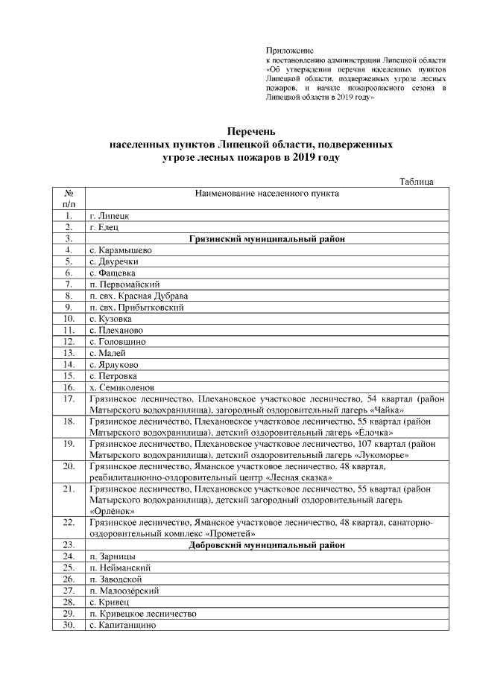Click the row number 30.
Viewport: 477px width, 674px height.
69,625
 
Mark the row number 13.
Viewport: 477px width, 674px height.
69,353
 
